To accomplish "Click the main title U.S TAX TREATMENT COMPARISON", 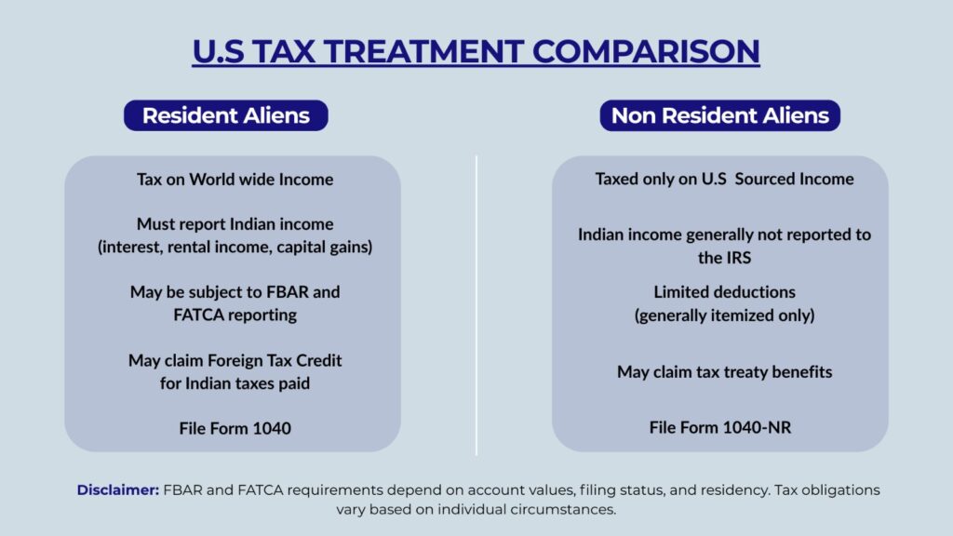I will tap(476, 50).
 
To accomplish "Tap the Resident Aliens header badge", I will tap(225, 115).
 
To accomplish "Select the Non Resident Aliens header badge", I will tap(719, 115).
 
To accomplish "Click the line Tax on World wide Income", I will tap(235, 179).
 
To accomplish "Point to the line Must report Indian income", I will tap(235, 224).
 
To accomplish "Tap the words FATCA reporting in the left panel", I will tap(235, 315).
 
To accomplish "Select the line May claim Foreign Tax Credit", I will tap(235, 360).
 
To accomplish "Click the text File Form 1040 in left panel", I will tap(235, 428).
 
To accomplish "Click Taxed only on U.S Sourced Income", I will tap(724, 179).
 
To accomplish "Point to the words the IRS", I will tap(724, 258).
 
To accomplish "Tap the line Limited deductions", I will tap(724, 292).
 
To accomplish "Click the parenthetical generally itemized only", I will tap(724, 315).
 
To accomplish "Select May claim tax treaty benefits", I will tap(724, 372).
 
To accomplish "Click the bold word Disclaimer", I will tap(118, 489).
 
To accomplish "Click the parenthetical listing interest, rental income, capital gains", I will tap(235, 247).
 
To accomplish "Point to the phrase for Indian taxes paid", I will tap(235, 382).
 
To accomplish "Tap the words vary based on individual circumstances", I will tap(476, 510).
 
